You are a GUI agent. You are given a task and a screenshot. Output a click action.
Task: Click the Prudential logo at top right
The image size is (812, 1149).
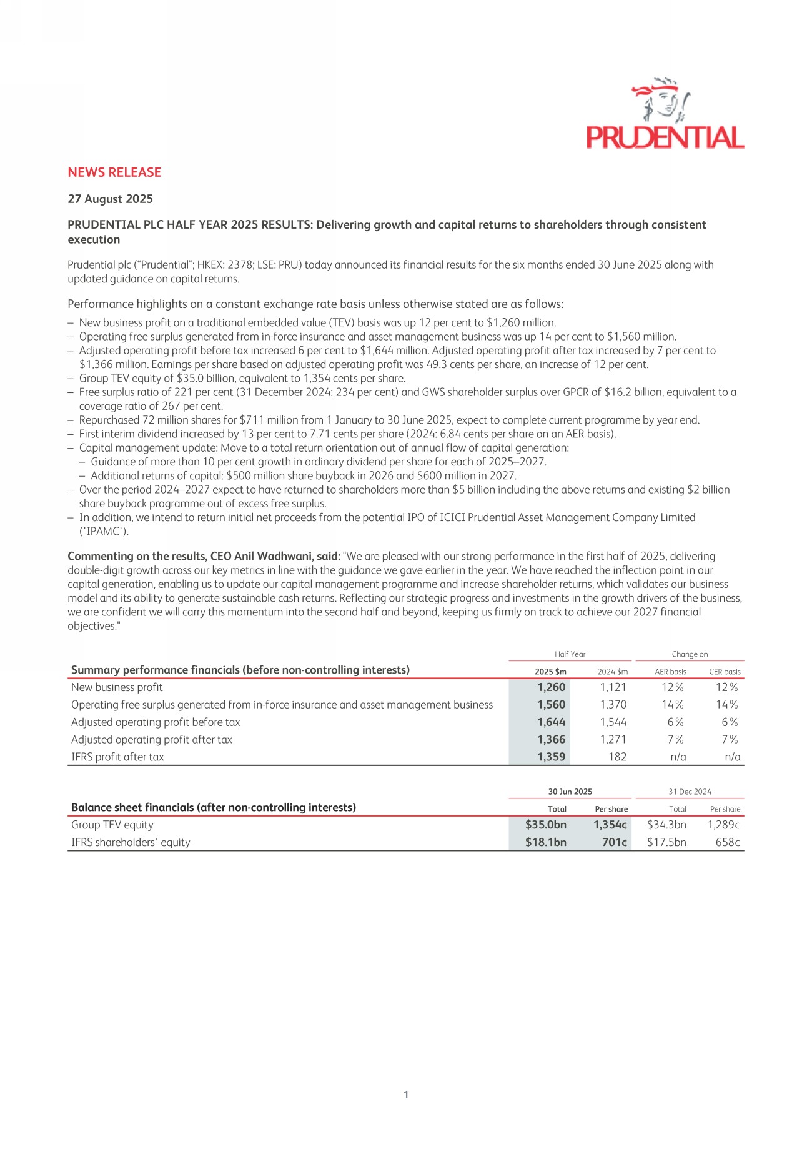pos(665,114)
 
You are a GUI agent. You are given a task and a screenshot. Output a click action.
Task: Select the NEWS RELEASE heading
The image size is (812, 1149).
pos(114,172)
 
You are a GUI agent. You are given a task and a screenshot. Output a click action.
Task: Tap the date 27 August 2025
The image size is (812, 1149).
pos(110,199)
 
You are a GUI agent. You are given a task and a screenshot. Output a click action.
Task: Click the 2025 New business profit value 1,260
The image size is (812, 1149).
pos(551,687)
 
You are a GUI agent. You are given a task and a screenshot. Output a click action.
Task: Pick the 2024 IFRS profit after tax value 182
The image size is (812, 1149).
pos(617,757)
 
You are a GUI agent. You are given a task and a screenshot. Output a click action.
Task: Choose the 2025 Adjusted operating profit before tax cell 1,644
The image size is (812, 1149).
pos(551,722)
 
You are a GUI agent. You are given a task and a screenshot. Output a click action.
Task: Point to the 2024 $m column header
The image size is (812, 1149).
pos(612,672)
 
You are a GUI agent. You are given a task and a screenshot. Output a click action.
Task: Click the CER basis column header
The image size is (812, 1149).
pos(725,672)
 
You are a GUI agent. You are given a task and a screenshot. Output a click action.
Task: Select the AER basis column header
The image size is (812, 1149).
pos(670,672)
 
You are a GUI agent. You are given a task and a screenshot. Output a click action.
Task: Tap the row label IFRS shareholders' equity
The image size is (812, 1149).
pos(131,842)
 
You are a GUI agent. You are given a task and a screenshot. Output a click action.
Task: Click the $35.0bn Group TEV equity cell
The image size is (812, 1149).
pos(545,825)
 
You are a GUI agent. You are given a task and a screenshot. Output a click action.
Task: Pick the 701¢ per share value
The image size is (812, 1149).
pos(615,842)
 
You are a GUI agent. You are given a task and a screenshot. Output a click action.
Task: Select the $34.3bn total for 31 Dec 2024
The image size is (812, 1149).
pos(666,825)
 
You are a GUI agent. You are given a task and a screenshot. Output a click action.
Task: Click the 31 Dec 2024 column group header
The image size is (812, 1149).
pos(690,792)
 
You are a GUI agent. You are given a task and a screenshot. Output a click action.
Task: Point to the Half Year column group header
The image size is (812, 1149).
pos(570,654)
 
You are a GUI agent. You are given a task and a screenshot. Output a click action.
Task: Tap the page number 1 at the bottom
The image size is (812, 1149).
pos(406,1094)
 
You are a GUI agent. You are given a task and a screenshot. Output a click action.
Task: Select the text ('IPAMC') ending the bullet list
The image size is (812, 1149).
pos(104,531)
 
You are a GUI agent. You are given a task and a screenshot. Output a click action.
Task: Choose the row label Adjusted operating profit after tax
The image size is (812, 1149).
pos(152,740)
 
